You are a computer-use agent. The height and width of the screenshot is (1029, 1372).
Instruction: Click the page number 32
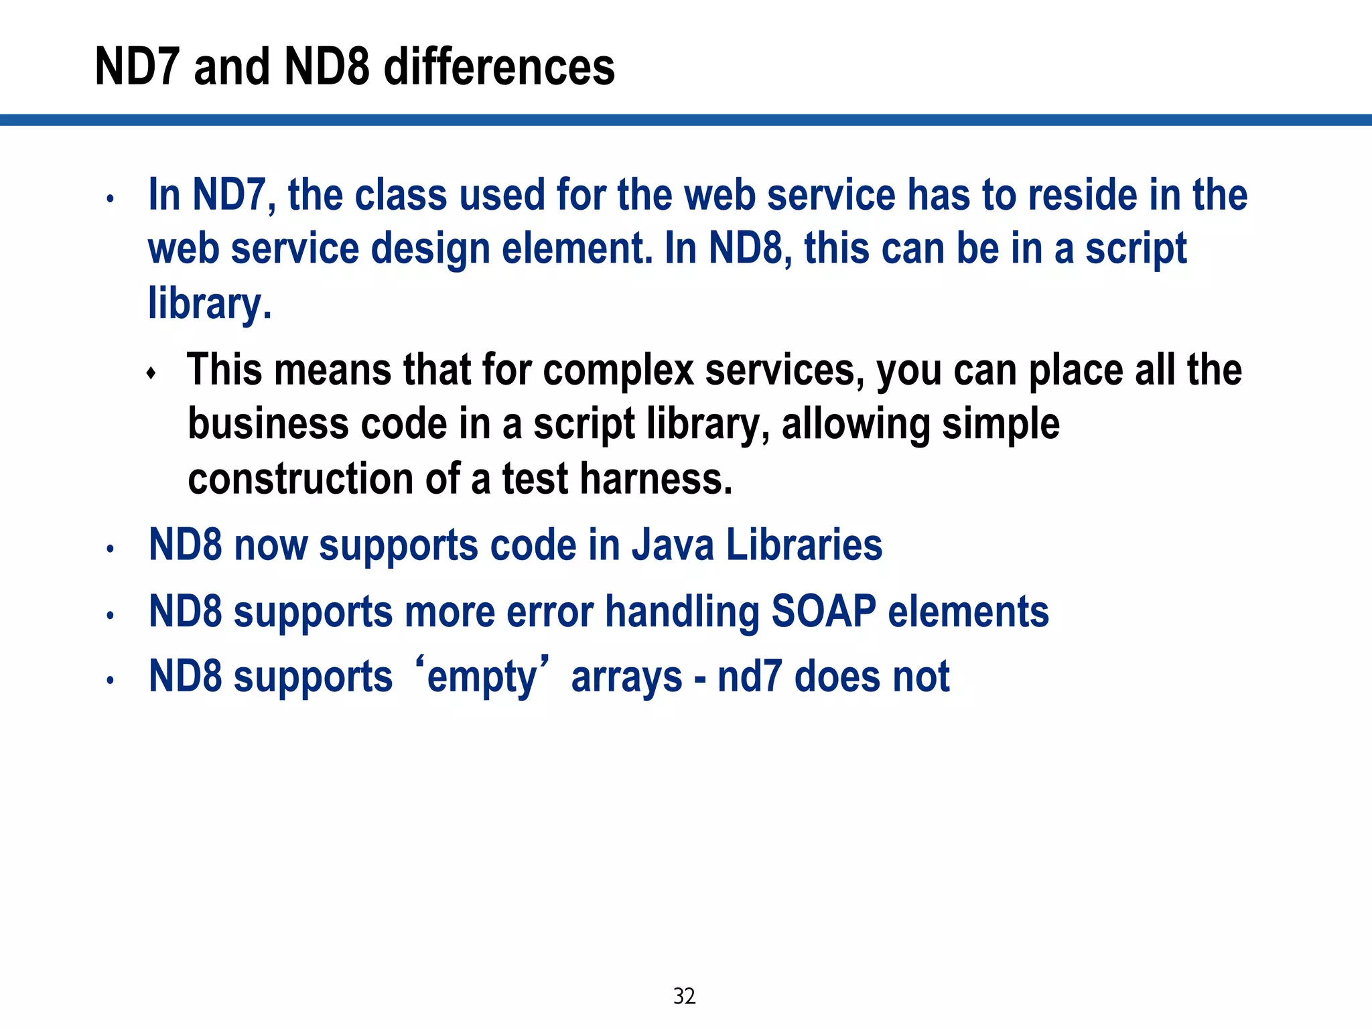coord(684,996)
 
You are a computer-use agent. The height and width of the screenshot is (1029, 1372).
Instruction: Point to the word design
coord(430,249)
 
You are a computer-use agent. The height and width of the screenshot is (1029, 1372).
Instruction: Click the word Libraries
coord(804,545)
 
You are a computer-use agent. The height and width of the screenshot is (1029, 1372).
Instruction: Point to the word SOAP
coord(824,612)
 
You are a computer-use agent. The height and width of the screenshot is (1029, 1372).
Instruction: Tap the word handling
coord(683,612)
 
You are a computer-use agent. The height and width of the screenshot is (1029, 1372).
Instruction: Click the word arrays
coord(626,677)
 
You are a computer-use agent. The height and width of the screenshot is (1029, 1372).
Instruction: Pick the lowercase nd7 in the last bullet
coord(750,677)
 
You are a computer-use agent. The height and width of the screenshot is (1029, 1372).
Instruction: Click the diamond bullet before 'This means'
coord(151,373)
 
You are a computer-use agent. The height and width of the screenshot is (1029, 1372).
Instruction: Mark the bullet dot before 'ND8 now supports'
coord(111,549)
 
